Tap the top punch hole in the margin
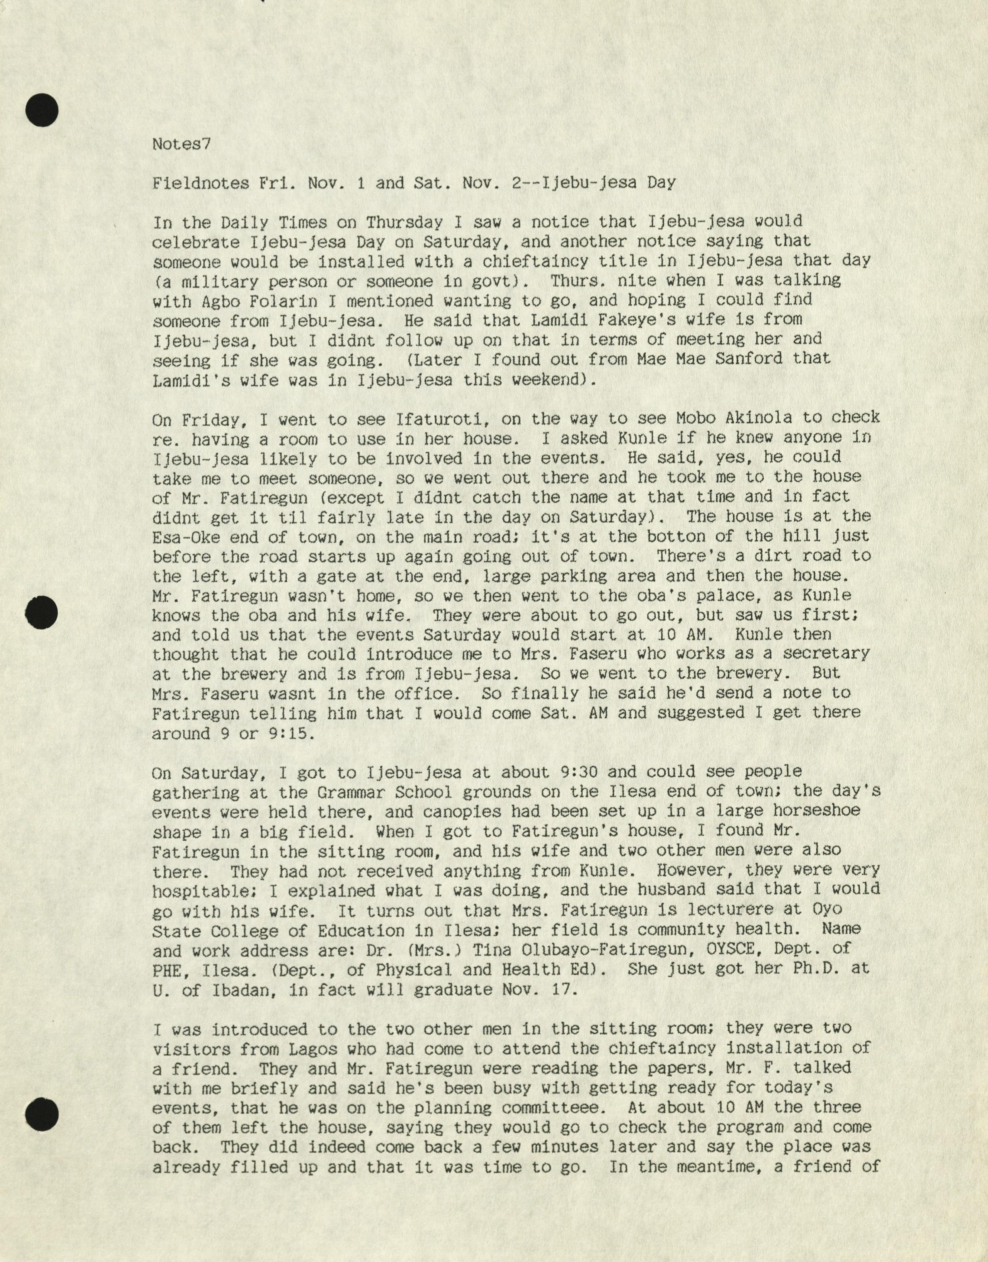click(42, 110)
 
